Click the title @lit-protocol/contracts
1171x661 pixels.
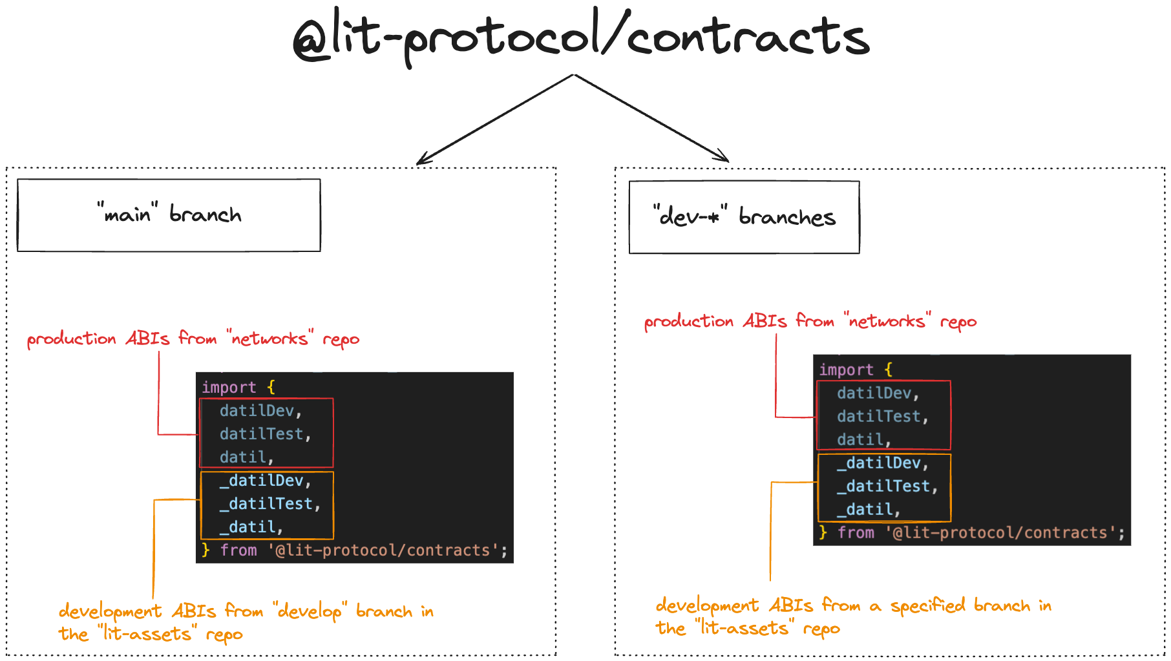pos(580,37)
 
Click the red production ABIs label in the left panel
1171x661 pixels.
pos(193,339)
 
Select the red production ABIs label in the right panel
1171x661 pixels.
pos(810,321)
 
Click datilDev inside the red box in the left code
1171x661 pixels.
pos(257,410)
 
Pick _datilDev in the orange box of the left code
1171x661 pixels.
pos(261,480)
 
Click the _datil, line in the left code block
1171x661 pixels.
pos(251,527)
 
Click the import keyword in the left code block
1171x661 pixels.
pos(229,387)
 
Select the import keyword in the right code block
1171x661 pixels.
pos(846,370)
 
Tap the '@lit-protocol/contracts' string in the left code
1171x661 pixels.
pos(383,550)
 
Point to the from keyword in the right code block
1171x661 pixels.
pos(856,532)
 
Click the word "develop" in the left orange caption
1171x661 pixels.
pos(310,611)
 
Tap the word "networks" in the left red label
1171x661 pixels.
pos(270,338)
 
